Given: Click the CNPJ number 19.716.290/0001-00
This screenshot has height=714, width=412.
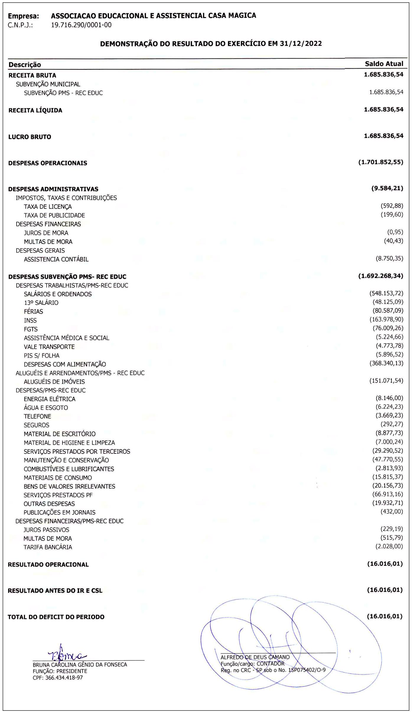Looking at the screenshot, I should (81, 25).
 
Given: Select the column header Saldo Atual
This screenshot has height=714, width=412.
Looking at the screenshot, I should (384, 64).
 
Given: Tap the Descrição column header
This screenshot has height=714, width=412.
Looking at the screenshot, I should (25, 65).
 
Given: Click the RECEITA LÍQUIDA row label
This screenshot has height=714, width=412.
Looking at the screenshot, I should (35, 111).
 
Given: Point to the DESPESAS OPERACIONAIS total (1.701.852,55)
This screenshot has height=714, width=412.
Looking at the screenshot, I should (381, 162).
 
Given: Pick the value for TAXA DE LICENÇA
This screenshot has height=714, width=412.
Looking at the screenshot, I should (392, 206).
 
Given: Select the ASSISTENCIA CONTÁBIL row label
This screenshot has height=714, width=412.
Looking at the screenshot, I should (56, 259).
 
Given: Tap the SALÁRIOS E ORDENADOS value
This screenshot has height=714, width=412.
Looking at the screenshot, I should (386, 293).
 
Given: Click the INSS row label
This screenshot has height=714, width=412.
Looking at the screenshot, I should (30, 320).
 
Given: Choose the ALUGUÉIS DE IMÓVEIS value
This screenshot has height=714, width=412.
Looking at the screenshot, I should (386, 381).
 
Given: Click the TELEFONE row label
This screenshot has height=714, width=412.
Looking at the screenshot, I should (38, 416).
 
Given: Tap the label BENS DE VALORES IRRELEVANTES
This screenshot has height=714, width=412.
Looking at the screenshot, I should (69, 486).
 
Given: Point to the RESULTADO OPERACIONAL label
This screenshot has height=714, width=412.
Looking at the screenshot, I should (48, 564).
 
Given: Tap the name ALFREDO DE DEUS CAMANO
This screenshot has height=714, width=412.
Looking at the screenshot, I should (255, 657).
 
